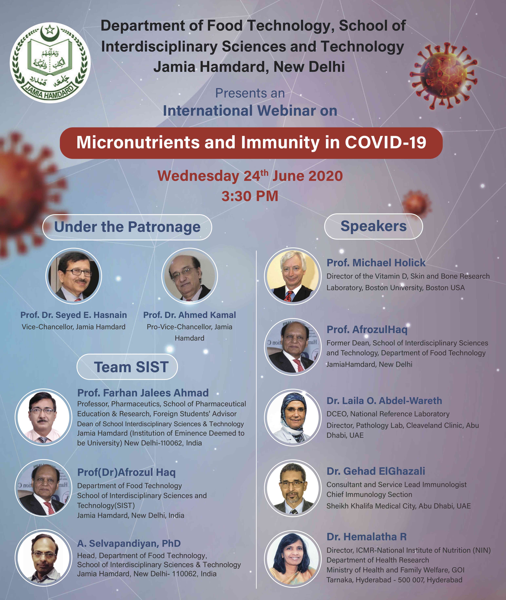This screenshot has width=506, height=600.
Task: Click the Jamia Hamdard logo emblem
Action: [50, 63]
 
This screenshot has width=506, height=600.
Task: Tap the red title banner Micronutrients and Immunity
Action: [251, 143]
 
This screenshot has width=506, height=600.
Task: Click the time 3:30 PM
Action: [250, 196]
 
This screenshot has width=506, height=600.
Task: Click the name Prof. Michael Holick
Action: [376, 262]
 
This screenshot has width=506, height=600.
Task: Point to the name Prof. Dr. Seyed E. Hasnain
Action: [73, 315]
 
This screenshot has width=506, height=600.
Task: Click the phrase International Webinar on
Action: [250, 111]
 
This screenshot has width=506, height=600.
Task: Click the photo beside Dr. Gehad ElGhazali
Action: [293, 488]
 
